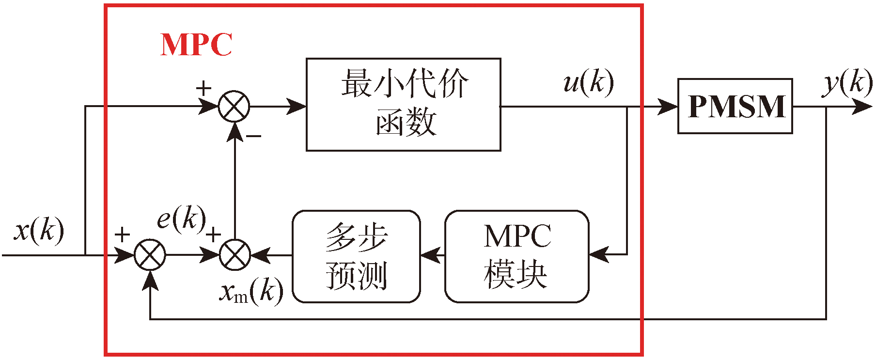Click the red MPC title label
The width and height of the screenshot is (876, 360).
(x=196, y=45)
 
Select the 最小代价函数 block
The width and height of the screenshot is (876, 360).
(x=403, y=105)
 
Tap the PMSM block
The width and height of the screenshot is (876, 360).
(x=735, y=106)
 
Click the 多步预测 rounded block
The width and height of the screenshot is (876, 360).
(x=356, y=256)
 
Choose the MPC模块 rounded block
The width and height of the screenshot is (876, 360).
(x=516, y=256)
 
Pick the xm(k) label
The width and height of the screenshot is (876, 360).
(x=251, y=292)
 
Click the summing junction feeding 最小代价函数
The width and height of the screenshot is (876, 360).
(x=234, y=107)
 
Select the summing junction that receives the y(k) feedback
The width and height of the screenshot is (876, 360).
(x=150, y=255)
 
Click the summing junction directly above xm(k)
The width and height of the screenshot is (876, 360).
(x=235, y=255)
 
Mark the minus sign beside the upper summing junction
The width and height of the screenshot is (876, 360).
(x=253, y=136)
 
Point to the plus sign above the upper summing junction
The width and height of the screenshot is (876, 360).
(x=204, y=88)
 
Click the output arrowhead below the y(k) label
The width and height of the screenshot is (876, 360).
(x=862, y=107)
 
